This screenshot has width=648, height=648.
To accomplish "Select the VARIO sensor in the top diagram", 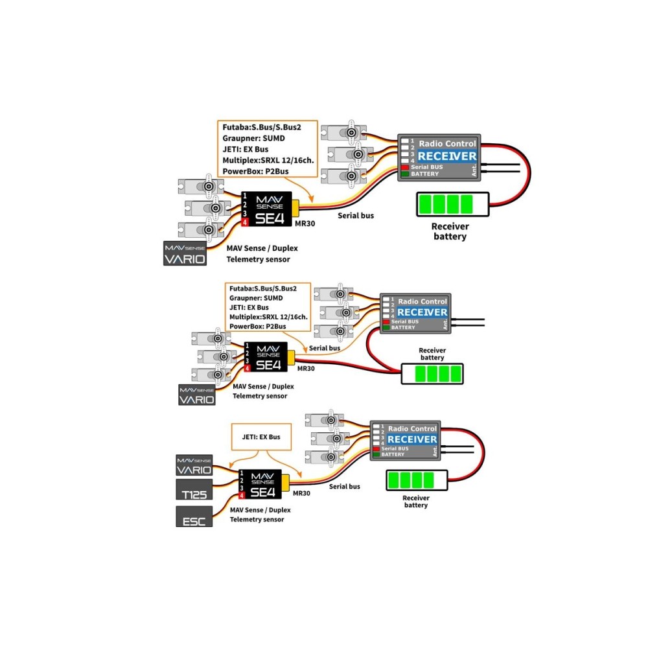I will click(185, 253).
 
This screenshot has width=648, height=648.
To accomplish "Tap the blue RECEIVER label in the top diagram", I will click(447, 156).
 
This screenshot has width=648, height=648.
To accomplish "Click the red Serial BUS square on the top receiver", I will click(404, 167).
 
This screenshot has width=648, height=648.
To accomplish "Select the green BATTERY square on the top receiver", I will click(404, 174).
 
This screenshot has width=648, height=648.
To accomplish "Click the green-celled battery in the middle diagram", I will click(432, 374).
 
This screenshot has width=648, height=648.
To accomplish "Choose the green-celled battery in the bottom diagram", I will click(417, 481).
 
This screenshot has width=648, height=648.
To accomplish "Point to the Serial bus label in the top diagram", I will click(356, 214).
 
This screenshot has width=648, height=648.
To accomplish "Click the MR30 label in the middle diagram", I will click(306, 368).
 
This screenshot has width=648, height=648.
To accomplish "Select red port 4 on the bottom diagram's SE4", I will click(242, 496).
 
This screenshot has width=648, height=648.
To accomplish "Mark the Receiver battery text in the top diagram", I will click(450, 231).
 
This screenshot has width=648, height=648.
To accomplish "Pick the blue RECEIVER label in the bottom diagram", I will click(412, 439).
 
